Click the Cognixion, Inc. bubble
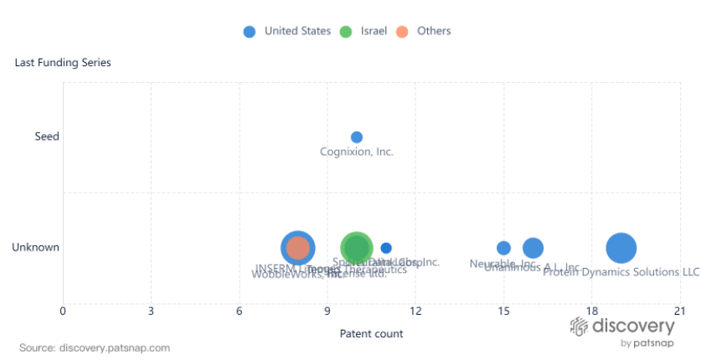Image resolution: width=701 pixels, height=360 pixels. [356, 137]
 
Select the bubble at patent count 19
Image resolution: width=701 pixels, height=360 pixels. [621, 248]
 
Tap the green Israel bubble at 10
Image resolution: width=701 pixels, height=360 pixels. [357, 248]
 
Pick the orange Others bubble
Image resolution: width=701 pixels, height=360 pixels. [297, 248]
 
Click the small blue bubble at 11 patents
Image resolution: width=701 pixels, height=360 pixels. [386, 248]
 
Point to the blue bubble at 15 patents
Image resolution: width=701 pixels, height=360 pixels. [503, 248]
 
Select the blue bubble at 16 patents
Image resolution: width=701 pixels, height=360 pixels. [533, 248]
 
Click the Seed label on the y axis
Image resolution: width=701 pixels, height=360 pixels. [47, 136]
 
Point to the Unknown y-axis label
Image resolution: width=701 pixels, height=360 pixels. [35, 247]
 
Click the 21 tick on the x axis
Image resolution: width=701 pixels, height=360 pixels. [679, 312]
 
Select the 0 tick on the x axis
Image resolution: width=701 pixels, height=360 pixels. [63, 312]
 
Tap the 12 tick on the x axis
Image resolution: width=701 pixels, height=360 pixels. [415, 312]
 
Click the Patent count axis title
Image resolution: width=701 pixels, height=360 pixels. [371, 333]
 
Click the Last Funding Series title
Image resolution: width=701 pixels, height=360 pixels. [63, 63]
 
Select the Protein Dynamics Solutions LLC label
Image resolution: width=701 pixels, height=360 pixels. [621, 272]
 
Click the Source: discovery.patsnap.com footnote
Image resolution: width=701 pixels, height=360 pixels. [95, 347]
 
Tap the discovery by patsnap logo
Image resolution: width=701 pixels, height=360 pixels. [622, 332]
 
